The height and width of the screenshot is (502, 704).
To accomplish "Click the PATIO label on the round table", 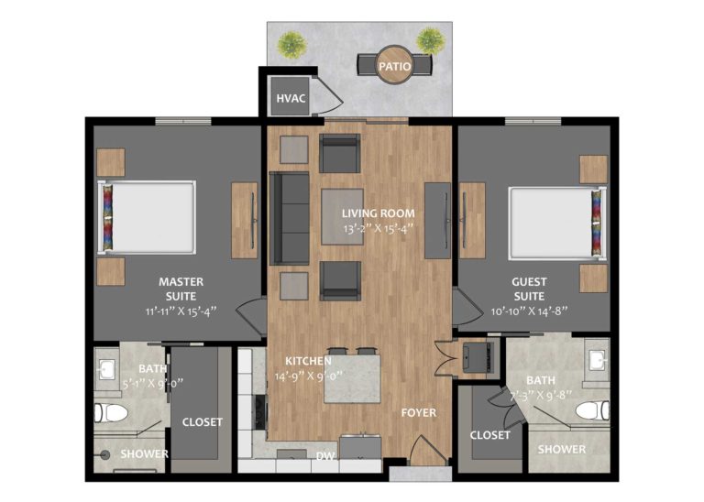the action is pos(395,66).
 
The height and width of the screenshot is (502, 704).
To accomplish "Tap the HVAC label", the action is pos(291,98).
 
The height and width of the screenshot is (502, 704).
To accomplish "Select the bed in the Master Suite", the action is pos(147,218).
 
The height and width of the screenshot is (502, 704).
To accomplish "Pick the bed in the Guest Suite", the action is pos(557,223).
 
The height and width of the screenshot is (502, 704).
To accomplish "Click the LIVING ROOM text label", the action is pos(378,213).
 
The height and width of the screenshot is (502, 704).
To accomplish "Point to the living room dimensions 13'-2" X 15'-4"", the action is pos(378,229).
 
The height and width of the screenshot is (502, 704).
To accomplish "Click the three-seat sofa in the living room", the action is pos(290,218).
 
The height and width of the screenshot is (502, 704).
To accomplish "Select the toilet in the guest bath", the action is pos(592,410).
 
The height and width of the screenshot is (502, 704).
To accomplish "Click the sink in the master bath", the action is pos(106,369).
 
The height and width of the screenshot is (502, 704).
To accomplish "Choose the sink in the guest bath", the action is pos(598,359).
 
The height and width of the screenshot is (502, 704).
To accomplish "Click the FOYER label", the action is pos(418,412).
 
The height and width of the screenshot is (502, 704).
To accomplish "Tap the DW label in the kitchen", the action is pos(325,456).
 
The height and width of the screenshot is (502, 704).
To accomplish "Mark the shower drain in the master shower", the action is pos(106,455).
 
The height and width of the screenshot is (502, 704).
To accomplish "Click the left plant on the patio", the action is pos(291,45).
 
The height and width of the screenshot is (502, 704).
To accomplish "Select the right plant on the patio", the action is pos(431,41).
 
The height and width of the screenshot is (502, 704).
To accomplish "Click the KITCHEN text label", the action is pos(308,361).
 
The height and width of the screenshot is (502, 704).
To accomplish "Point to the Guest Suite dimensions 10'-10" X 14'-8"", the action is pos(529,311).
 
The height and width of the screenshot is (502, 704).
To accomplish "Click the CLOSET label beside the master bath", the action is pos(202,421).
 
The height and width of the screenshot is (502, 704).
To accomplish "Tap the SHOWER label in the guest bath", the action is pos(562,449).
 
